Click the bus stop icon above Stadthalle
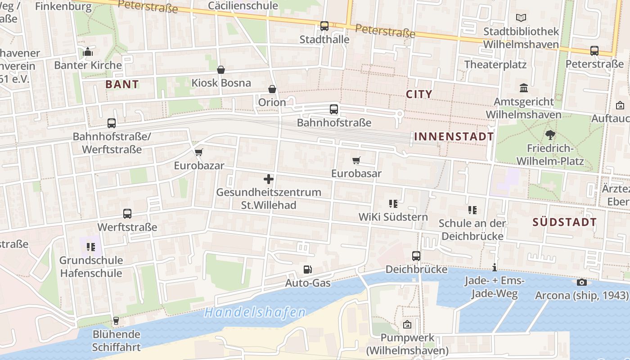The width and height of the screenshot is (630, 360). click(324, 26)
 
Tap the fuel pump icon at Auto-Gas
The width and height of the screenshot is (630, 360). click(308, 270)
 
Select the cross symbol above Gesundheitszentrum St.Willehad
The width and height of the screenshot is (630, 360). click(269, 179)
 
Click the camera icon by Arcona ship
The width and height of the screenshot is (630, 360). click(582, 282)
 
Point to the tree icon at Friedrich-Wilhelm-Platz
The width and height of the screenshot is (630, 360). click(549, 135)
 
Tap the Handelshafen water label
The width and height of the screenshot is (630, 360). click(255, 312)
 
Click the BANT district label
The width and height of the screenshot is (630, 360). click(122, 84)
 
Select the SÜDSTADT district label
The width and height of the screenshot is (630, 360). click(565, 222)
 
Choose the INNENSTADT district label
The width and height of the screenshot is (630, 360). click(454, 136)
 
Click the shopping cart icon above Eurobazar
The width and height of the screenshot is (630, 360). click(199, 152)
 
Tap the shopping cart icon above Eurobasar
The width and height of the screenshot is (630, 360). click(356, 160)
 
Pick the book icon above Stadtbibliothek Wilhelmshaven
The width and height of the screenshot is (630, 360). click(521, 18)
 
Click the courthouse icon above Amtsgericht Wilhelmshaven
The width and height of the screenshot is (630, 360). click(523, 88)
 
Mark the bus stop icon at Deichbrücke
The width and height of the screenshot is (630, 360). click(416, 256)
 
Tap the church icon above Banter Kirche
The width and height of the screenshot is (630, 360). click(88, 52)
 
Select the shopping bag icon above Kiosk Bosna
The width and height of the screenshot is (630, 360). click(221, 70)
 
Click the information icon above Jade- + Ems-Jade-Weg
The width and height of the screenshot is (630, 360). click(495, 268)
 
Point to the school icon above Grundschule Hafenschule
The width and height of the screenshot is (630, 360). click(91, 247)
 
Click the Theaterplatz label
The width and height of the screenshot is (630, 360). click(495, 64)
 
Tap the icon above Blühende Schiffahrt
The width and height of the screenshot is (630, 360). click(116, 321)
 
